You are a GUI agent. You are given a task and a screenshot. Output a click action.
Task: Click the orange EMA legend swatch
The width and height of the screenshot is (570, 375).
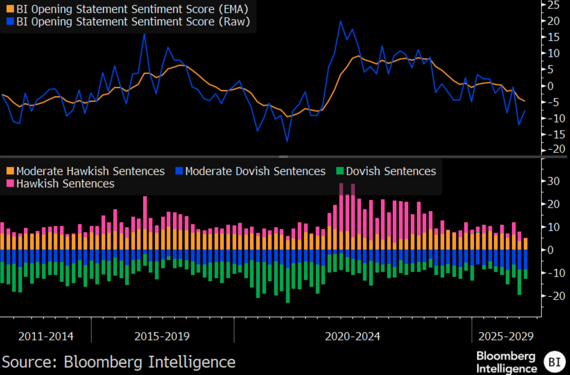[10, 9]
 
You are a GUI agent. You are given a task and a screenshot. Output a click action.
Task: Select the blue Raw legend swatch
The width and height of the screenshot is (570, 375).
[10, 22]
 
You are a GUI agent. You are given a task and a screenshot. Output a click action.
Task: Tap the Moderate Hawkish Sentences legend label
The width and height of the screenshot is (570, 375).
[90, 171]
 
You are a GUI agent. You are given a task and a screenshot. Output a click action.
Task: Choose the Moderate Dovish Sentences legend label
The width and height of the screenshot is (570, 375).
[255, 171]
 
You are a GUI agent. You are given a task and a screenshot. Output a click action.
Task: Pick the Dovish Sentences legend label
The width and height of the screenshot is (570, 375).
[391, 171]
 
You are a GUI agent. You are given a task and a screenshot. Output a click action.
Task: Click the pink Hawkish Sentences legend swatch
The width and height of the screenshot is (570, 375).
[10, 183]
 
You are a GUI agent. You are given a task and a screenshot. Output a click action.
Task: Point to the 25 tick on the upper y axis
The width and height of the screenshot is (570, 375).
[553, 5]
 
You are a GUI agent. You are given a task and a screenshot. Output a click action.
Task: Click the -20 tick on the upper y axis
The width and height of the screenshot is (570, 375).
[555, 149]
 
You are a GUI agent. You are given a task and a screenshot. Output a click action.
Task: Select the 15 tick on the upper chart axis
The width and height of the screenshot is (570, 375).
[553, 37]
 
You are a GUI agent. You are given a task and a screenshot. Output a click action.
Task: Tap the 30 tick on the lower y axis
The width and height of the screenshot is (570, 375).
[553, 181]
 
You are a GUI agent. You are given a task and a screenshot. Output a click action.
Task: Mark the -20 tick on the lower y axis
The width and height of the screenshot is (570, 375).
[555, 296]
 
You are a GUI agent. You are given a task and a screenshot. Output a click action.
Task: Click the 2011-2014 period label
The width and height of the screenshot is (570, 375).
[46, 337]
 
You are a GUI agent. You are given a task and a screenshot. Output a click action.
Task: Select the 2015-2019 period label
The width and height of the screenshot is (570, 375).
[162, 337]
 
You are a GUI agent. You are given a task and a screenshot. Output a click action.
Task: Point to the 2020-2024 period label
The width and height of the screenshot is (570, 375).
[352, 337]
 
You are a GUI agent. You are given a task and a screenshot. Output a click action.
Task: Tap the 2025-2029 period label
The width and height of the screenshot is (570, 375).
[506, 337]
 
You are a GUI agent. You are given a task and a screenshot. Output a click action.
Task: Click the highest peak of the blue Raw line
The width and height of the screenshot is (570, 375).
[341, 21]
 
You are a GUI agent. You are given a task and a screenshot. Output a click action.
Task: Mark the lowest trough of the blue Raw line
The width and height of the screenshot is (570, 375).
[287, 142]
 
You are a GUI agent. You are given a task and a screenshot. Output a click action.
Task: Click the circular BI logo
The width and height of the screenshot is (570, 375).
[554, 362]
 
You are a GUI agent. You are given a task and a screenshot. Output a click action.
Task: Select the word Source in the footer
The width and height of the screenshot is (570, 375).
[29, 362]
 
